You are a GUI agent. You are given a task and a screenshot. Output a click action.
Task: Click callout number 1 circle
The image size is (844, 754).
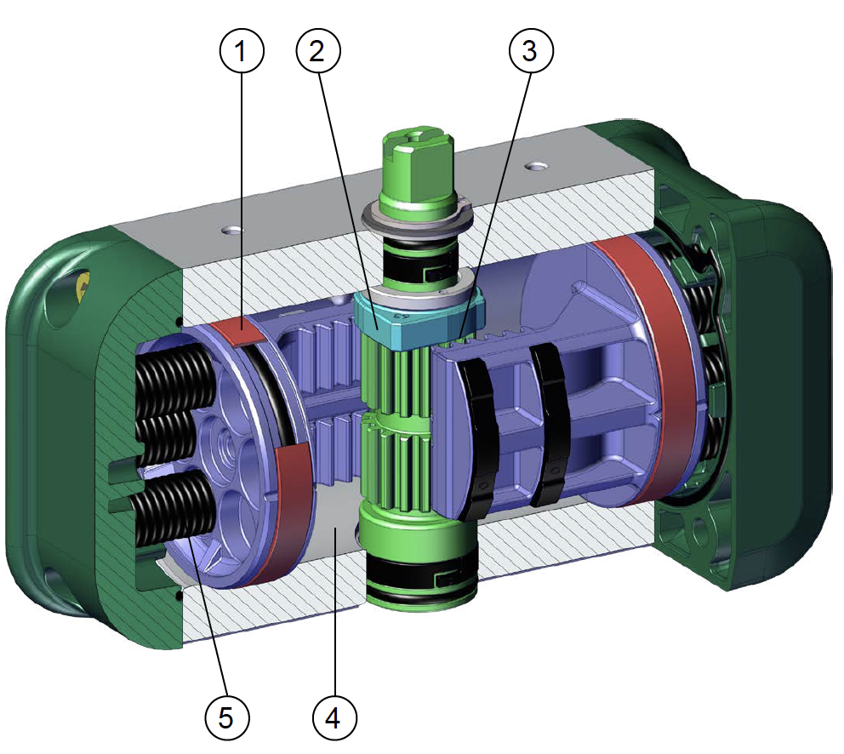point(242,50)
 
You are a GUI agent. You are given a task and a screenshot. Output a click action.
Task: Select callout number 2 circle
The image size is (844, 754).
point(318,50)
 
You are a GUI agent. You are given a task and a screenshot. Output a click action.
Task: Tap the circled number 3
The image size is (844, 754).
point(531,50)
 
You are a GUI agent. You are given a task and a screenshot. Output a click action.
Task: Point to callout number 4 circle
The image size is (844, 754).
point(334,717)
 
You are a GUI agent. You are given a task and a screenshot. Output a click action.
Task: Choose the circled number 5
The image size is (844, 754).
point(226,717)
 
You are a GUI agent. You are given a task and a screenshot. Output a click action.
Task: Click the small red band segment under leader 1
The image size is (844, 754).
point(236,331)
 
